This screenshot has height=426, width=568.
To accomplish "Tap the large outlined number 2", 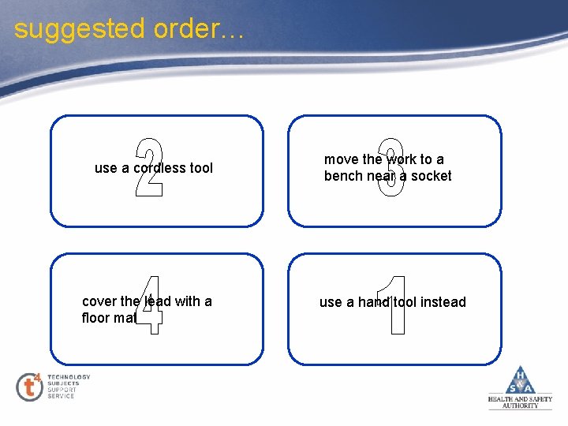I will point(149,167).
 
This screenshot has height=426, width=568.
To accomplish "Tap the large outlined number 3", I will point(390,167).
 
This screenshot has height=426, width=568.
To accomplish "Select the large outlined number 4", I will point(149,305).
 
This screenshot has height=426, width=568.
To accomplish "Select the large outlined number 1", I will point(394,305).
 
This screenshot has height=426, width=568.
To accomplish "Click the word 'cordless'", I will point(160,168).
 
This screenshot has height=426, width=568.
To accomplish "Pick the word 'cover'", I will point(99,301).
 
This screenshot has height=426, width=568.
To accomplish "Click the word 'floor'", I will point(96,319).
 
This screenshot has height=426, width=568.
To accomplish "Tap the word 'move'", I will point(341,159).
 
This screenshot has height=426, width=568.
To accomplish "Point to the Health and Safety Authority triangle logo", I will point(520,382).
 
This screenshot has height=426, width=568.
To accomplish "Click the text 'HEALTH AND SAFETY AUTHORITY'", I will point(520,402).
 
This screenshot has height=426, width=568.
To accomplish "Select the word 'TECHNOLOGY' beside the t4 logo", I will point(69,377).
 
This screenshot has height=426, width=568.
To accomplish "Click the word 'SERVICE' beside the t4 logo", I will point(61,396).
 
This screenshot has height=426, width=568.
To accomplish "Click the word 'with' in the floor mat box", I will point(188,301).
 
